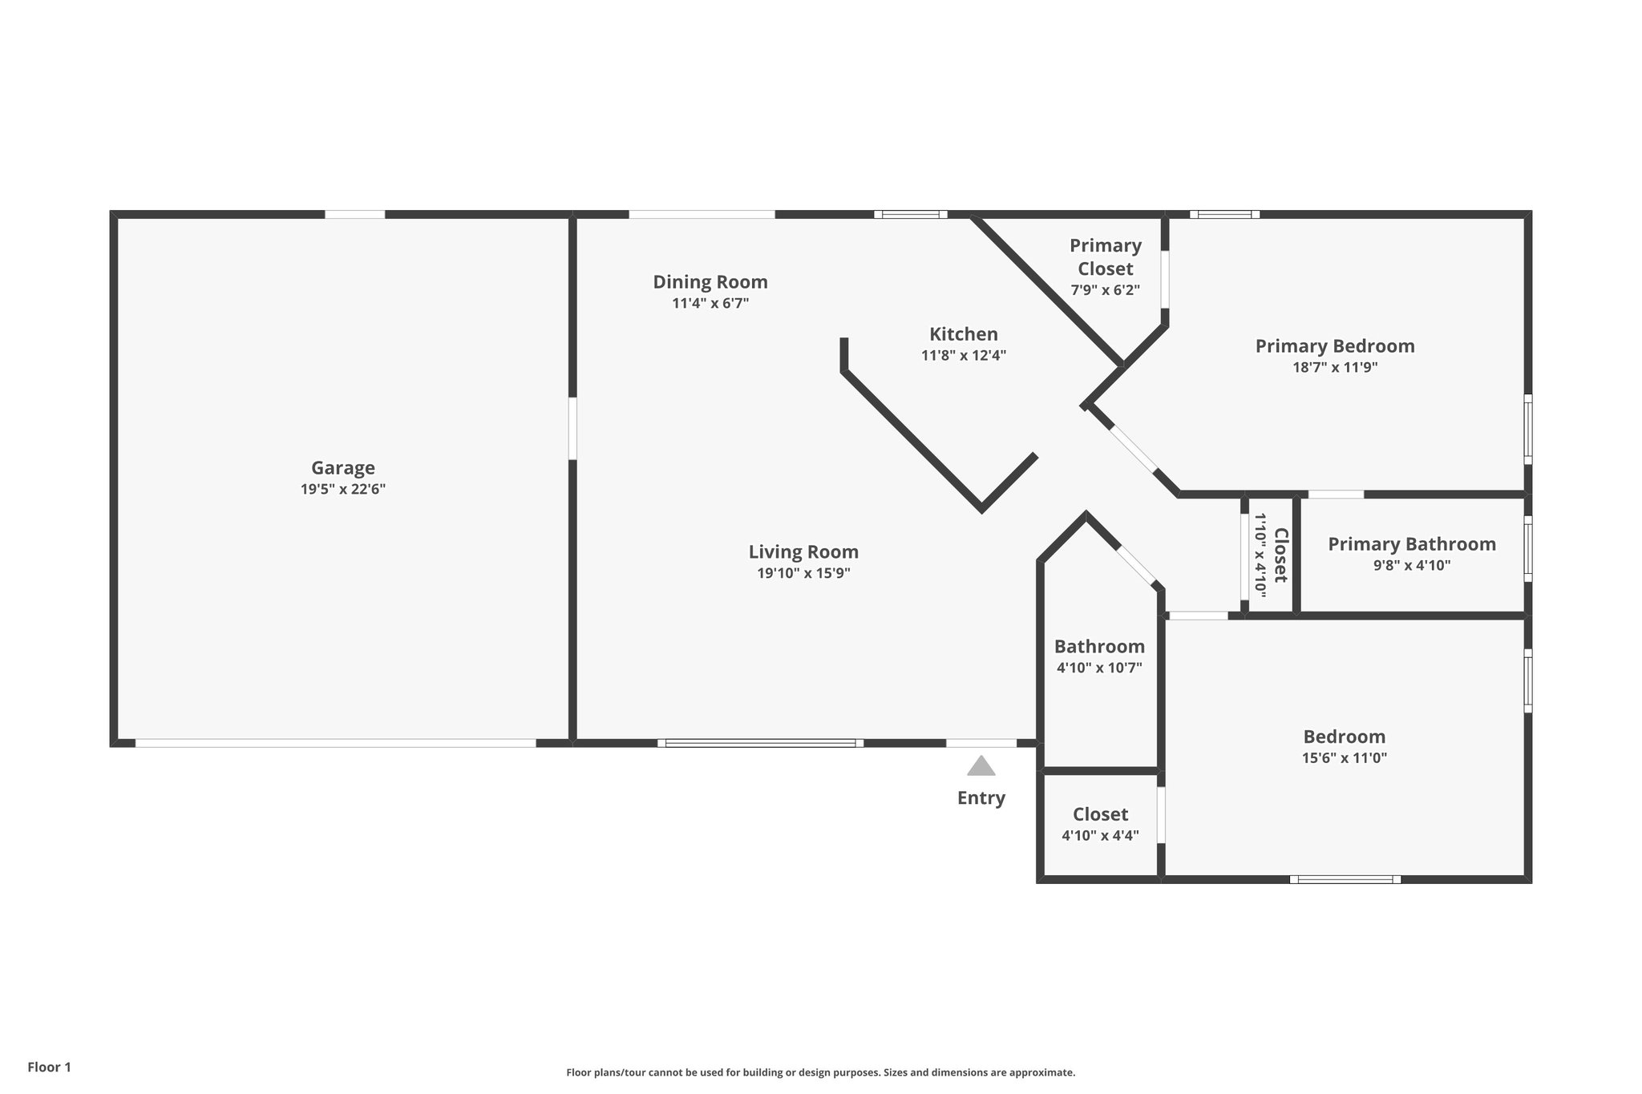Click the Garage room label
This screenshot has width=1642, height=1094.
[x=342, y=468]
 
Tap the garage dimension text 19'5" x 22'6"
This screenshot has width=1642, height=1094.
[x=342, y=490]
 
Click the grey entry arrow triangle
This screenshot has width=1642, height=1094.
[x=981, y=767]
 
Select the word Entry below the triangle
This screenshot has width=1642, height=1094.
[x=981, y=798]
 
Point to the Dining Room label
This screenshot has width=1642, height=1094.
[x=710, y=282]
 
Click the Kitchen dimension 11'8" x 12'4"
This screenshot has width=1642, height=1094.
[x=963, y=356]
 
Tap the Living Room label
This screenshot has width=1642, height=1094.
[x=803, y=552]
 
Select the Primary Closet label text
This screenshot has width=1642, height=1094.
[x=1105, y=257]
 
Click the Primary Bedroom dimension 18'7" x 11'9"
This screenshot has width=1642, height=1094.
[x=1334, y=368]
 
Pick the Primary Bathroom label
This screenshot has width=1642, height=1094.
[x=1411, y=544]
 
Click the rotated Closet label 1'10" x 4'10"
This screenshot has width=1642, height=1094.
[x=1271, y=555]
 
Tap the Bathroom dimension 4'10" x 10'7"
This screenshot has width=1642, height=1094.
[x=1099, y=668]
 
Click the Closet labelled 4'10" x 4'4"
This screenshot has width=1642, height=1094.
[x=1100, y=815]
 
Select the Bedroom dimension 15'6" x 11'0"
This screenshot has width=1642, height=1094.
[x=1344, y=758]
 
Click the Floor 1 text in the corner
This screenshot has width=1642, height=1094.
[x=50, y=1067]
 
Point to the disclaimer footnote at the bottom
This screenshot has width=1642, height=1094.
[x=820, y=1072]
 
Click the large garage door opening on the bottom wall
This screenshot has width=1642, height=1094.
[x=335, y=743]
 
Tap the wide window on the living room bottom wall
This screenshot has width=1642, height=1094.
[x=760, y=743]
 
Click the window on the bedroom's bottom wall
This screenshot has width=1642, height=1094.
[x=1345, y=879]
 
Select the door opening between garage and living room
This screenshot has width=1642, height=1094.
[x=572, y=428]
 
